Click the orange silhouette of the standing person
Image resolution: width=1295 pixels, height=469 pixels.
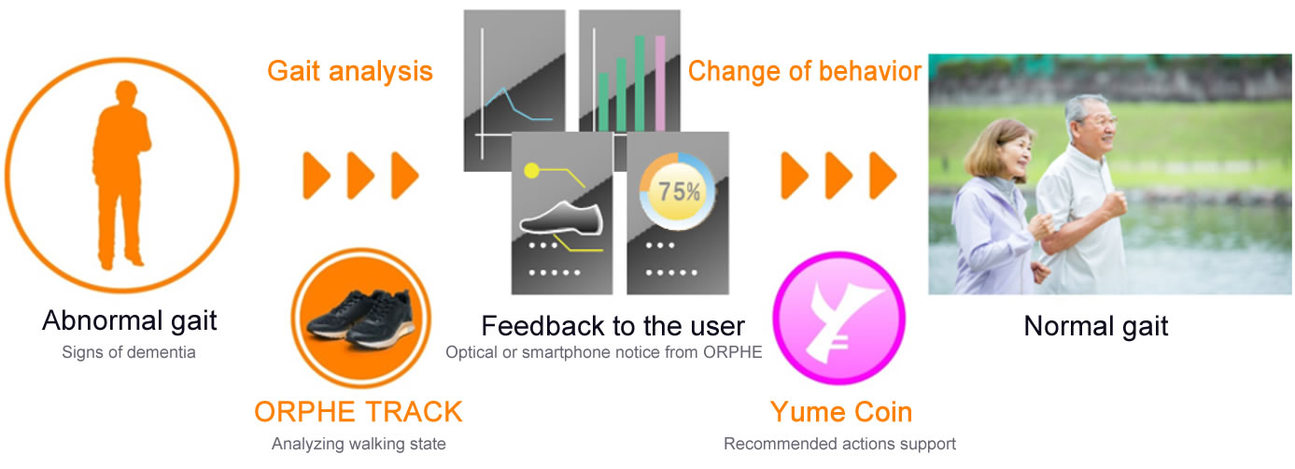[x=120, y=174]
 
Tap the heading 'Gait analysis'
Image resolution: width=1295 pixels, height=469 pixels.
[x=350, y=72]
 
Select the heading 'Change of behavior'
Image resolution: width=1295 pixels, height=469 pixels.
[x=804, y=71]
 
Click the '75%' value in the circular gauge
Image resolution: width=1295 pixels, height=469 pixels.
[x=679, y=192]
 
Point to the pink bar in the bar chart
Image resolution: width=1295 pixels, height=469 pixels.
[x=660, y=83]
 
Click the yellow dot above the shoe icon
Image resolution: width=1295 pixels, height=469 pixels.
[x=531, y=170]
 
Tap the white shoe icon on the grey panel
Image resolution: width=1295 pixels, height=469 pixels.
[x=561, y=220]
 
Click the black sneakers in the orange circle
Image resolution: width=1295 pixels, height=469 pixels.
[x=360, y=318]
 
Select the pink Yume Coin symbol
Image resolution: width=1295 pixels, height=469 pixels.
[x=839, y=318]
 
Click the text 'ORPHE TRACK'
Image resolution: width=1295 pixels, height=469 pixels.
[x=359, y=412]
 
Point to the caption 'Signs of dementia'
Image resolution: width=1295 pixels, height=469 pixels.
[x=128, y=352]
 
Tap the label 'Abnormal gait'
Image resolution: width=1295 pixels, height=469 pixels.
[x=130, y=320]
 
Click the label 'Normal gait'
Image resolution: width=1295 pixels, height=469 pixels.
[x=1095, y=326]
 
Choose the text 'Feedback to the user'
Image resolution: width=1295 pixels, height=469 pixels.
[x=612, y=326]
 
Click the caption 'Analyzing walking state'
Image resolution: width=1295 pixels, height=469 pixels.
[x=359, y=444]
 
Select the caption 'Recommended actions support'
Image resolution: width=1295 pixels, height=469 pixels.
[x=839, y=444]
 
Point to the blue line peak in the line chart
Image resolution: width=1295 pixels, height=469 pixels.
[x=504, y=89]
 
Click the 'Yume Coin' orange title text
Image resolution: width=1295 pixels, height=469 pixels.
[x=841, y=412]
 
